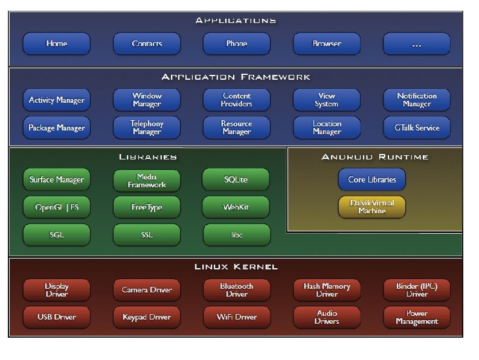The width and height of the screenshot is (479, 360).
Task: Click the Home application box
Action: pos(56,43)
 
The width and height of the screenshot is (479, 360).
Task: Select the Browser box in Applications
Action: pos(327,43)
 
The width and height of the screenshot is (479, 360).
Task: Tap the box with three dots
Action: pos(416,43)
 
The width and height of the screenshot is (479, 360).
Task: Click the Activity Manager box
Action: pos(56,100)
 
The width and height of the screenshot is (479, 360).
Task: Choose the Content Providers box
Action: pos(236,100)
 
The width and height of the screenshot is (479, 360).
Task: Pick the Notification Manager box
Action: pos(416,100)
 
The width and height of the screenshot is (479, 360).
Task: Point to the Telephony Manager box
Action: pos(147,127)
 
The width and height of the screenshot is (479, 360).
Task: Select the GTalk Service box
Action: pos(416,127)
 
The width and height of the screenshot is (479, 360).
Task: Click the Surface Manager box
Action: pos(56,179)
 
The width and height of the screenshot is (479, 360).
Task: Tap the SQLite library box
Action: pos(236,179)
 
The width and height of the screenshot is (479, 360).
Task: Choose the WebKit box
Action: pos(236,207)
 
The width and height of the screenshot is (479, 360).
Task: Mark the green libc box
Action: pos(236,234)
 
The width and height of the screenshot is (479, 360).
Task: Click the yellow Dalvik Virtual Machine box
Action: pos(371,207)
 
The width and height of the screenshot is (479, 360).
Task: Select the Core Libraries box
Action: pos(371,179)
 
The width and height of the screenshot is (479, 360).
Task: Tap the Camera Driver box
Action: pos(147,290)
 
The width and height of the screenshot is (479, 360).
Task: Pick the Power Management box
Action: pos(416,317)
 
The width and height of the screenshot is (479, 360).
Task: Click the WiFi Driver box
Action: pos(236,317)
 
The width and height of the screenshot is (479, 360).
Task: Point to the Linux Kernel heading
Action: pos(236,266)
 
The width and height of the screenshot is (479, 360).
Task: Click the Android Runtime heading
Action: pos(375,157)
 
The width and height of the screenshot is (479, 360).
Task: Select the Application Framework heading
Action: pos(236,77)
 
